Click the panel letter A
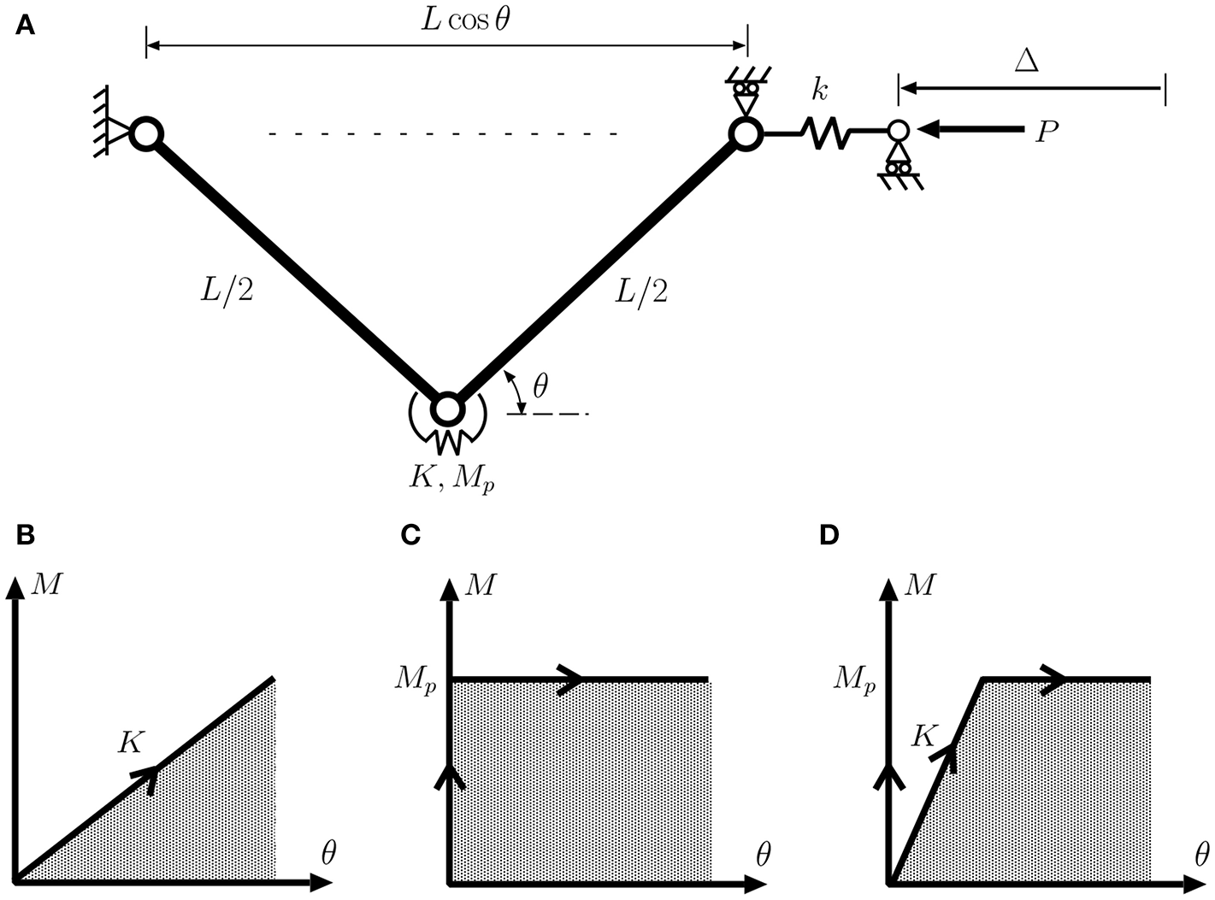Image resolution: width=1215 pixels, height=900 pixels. point(26,26)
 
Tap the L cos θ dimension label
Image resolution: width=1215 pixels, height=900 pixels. point(466,21)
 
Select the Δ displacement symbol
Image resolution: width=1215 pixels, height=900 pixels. point(1026,61)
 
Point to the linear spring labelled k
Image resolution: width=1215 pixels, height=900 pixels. point(824,133)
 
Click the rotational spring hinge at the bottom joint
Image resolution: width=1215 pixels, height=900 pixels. point(445,411)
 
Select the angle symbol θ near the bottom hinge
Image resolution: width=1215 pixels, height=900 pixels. point(541,388)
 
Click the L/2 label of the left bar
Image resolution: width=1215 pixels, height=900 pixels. point(227,293)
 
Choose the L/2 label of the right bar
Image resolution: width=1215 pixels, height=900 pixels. point(641,293)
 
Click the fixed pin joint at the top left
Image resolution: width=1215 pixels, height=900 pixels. point(146,133)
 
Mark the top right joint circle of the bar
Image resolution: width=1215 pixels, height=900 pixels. point(745,133)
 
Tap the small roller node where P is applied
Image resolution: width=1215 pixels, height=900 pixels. point(897,131)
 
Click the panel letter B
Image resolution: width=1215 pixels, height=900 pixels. point(26,536)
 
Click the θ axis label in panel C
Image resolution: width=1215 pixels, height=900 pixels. point(764,854)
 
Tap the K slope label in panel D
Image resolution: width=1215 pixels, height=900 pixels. point(923,736)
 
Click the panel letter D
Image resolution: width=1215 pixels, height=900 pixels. point(829,536)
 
